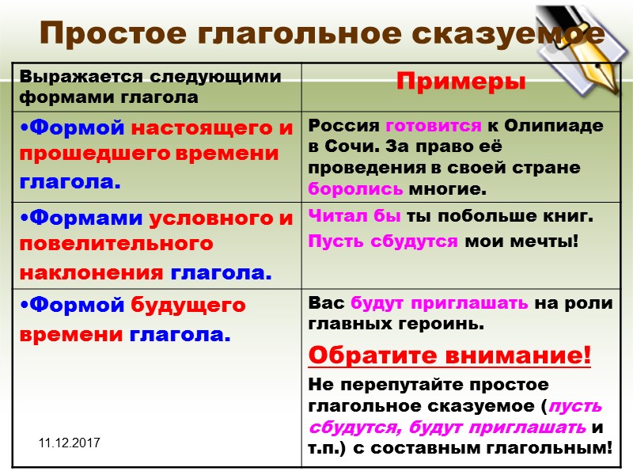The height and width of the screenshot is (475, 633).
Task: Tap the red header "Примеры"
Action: point(461,82)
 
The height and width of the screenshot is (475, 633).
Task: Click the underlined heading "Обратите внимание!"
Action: point(449,356)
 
